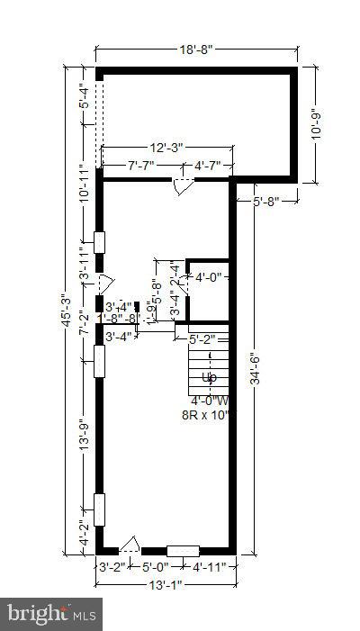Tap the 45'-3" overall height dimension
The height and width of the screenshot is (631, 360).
[x=66, y=311]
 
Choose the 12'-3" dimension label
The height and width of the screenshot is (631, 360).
[x=167, y=147]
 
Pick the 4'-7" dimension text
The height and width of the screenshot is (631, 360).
[x=211, y=165]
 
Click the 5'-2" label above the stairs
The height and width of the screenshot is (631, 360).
[x=204, y=339]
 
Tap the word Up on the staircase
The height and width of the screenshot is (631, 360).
[x=209, y=377]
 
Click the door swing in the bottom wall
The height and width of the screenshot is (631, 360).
[x=130, y=544]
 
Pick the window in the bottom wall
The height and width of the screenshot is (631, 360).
[x=183, y=550]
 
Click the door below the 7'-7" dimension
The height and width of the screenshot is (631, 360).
[x=183, y=186]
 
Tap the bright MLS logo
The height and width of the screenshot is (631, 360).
[x=51, y=615]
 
